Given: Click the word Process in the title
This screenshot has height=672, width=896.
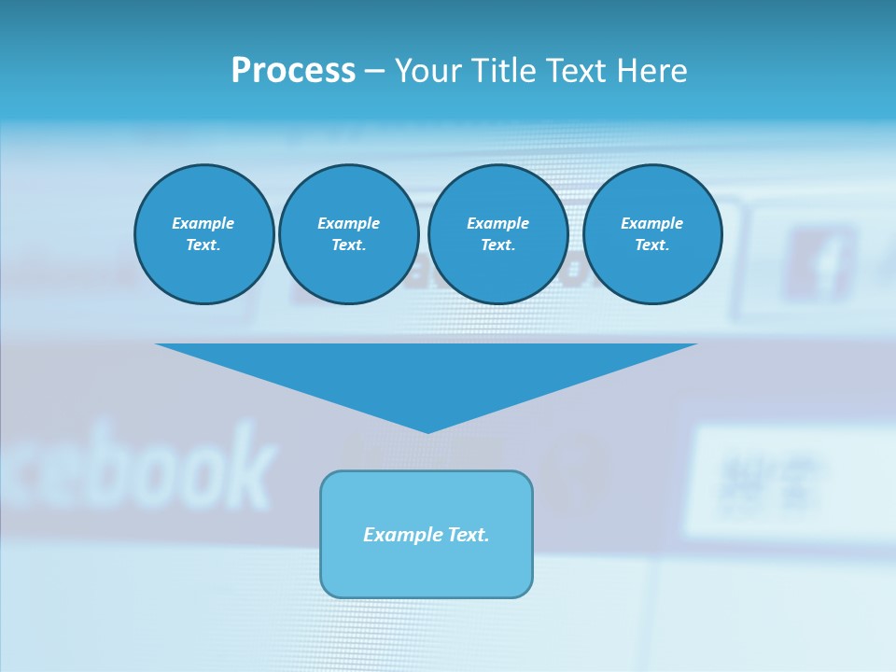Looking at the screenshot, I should [x=293, y=71].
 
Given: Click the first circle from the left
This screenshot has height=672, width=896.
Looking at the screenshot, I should [x=203, y=234].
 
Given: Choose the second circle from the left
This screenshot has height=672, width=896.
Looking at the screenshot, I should [x=348, y=234].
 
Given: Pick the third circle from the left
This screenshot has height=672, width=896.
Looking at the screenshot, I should [x=497, y=234].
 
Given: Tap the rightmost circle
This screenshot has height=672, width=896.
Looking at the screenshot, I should [x=651, y=234].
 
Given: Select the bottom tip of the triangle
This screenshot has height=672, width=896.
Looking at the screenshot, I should [x=427, y=430].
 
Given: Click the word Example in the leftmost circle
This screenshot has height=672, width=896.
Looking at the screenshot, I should [x=203, y=223].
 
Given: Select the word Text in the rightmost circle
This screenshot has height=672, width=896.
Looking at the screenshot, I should [x=651, y=245].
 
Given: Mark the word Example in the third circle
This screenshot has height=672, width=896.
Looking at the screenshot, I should [x=497, y=223].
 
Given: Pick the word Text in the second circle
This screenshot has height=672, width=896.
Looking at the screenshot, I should [x=348, y=245].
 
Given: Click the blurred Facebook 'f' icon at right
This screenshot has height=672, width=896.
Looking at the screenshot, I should [x=819, y=266].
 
